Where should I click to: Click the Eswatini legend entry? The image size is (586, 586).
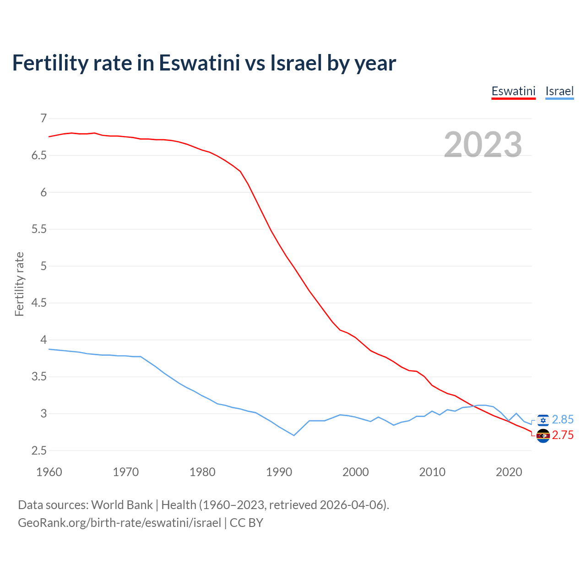point(513,91)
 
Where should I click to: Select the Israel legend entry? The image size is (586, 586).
point(559,91)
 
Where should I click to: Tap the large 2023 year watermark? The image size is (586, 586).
point(483,145)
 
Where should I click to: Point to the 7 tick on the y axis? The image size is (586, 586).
point(43,119)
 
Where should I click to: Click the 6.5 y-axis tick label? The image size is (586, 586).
point(39,156)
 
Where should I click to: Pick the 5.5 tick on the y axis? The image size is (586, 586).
point(39,229)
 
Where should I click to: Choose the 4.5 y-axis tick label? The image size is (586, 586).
point(39,303)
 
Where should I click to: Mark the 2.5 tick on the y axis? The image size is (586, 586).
point(39,451)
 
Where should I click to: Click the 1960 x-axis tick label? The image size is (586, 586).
point(49,472)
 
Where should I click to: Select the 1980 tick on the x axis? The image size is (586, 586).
point(202,472)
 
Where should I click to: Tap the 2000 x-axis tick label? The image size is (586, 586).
point(355,472)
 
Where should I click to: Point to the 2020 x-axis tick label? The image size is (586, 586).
point(509,472)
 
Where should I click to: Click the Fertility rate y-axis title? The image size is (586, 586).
point(19,284)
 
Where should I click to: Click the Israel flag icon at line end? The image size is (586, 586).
point(543,420)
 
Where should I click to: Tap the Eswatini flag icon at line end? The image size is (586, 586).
point(543,436)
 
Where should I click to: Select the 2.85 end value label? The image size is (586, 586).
point(563,420)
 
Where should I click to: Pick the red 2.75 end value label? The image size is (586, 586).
point(563,435)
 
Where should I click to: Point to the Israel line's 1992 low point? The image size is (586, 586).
point(294,435)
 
